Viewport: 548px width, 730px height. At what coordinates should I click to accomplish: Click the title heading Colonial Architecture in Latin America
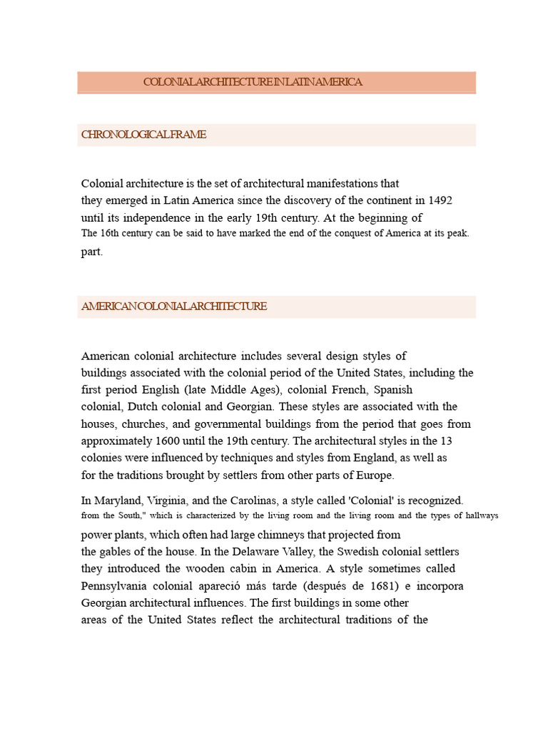(253, 82)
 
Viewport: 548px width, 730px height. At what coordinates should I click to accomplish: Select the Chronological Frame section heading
(143, 135)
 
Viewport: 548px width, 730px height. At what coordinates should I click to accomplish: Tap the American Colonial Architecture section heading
(174, 307)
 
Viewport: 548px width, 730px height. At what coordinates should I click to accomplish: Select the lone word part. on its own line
(92, 252)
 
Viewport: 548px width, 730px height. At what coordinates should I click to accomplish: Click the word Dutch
(146, 407)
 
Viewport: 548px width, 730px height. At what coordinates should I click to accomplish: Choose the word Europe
(373, 475)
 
